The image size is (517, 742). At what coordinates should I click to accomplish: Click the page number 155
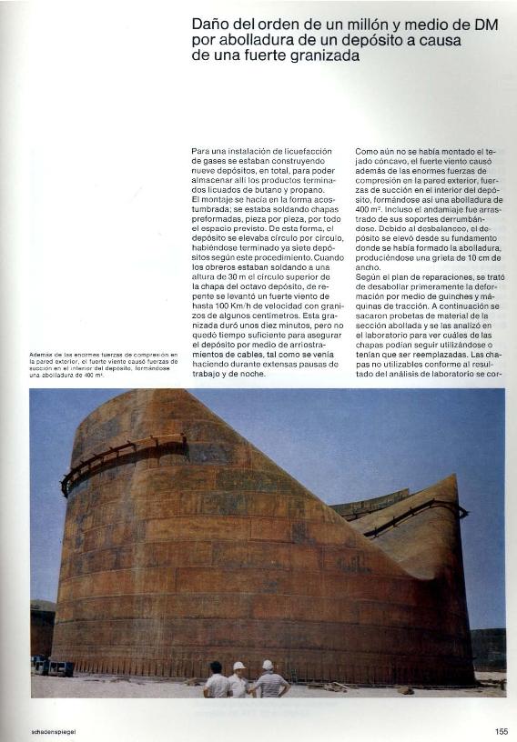(x=502, y=730)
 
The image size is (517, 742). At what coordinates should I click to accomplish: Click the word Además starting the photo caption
(x=42, y=354)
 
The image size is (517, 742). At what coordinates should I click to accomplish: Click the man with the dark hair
(x=217, y=679)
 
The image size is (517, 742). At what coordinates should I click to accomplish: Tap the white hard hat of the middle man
(x=239, y=667)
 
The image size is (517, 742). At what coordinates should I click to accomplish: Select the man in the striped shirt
(x=269, y=681)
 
